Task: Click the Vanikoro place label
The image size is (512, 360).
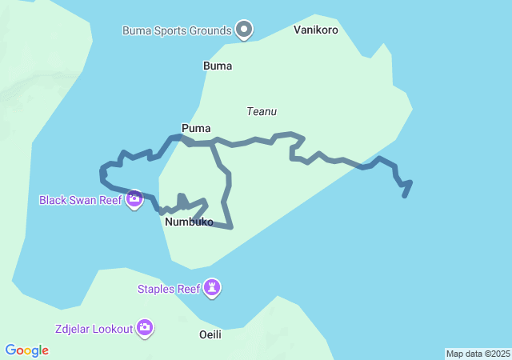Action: pos(316,30)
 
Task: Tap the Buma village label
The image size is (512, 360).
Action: pos(218,66)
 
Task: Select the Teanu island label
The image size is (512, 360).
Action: pos(262,111)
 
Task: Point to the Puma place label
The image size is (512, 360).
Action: pos(196,128)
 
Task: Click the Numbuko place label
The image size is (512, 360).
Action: pos(189,222)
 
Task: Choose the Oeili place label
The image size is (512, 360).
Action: pos(210,334)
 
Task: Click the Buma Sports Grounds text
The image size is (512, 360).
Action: pos(177,31)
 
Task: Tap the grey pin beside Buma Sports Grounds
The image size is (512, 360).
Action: pos(245,30)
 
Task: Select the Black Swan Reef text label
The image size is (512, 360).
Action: pos(80,199)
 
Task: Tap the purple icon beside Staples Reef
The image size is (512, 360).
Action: pos(211,287)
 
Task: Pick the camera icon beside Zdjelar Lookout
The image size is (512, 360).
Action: pos(145,326)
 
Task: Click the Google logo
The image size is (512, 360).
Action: pos(26,350)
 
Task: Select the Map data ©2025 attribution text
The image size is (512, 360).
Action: pos(477,354)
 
